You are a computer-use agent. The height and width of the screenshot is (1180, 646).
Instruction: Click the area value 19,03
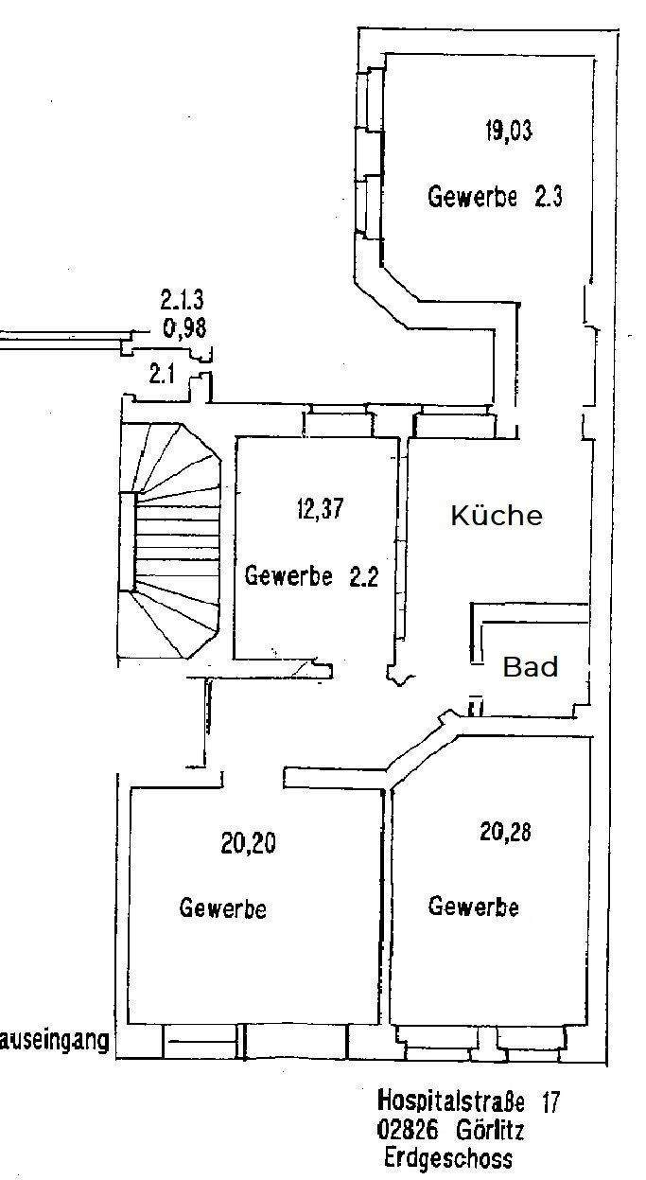coord(508,131)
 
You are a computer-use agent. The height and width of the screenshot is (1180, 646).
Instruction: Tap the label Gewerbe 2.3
coord(495,198)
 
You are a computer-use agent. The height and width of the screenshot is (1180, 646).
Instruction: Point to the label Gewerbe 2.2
coord(311,575)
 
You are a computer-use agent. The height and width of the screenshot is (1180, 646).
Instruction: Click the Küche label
coord(497,516)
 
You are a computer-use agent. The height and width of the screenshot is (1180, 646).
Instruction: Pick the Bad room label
coord(530,667)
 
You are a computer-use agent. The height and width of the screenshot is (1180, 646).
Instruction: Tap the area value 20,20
coord(249,843)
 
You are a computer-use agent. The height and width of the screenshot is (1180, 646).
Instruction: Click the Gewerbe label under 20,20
coord(222,908)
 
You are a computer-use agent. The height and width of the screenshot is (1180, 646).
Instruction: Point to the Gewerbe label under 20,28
coord(473,906)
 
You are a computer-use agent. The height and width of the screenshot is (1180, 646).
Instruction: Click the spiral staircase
coord(170,539)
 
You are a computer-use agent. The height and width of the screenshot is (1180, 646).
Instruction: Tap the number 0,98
coord(183,328)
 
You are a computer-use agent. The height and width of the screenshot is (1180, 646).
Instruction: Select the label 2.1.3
coord(182,302)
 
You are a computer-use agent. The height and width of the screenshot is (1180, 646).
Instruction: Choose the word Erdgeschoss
coord(448,1158)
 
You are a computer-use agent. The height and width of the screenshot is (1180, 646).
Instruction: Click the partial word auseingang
coord(55,1043)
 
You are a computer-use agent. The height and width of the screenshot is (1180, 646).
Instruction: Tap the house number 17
coord(550,1101)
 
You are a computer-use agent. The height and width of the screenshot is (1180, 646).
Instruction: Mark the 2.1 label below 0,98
coord(162,375)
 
